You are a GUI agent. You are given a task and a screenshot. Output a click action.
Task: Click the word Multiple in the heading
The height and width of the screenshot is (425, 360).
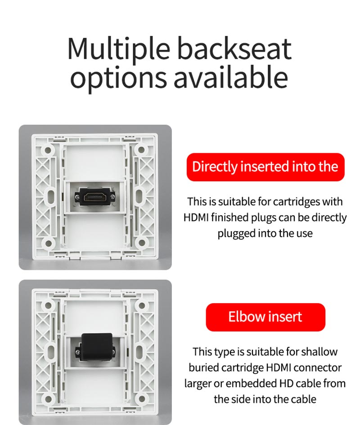[x=119, y=49]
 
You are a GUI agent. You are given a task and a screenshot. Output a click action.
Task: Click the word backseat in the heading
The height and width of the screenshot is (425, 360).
[x=234, y=48]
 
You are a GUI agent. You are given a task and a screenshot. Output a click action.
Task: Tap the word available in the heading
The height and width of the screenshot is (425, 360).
[x=230, y=77]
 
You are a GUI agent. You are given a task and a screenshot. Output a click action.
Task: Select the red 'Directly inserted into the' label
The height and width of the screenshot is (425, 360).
[x=265, y=167]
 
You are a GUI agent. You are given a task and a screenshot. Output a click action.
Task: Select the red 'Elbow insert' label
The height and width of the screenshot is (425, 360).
[x=265, y=317]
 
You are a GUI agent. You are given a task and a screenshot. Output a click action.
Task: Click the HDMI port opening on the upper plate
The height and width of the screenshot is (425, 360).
[x=94, y=196]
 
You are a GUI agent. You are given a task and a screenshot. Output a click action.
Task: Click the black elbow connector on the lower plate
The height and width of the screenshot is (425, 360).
[x=97, y=347]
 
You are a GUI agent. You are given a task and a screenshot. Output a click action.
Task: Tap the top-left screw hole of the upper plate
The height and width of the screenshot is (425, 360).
[x=48, y=150]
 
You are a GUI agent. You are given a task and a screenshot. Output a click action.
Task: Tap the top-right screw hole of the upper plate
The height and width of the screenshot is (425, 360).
[x=141, y=150]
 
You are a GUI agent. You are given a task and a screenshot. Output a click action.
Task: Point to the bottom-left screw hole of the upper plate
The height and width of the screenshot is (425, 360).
[x=48, y=243]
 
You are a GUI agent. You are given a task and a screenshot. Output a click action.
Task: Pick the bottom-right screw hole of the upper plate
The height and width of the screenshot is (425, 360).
[x=141, y=242]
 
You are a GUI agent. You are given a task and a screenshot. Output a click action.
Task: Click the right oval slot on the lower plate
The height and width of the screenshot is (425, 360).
[x=139, y=352]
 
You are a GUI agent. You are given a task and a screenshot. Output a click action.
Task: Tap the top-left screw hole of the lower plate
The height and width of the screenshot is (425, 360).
[x=48, y=305]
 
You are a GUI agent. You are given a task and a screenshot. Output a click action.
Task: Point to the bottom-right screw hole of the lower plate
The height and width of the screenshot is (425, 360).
[x=141, y=398]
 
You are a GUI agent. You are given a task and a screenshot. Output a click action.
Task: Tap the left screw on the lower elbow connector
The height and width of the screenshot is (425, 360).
[x=78, y=352]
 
